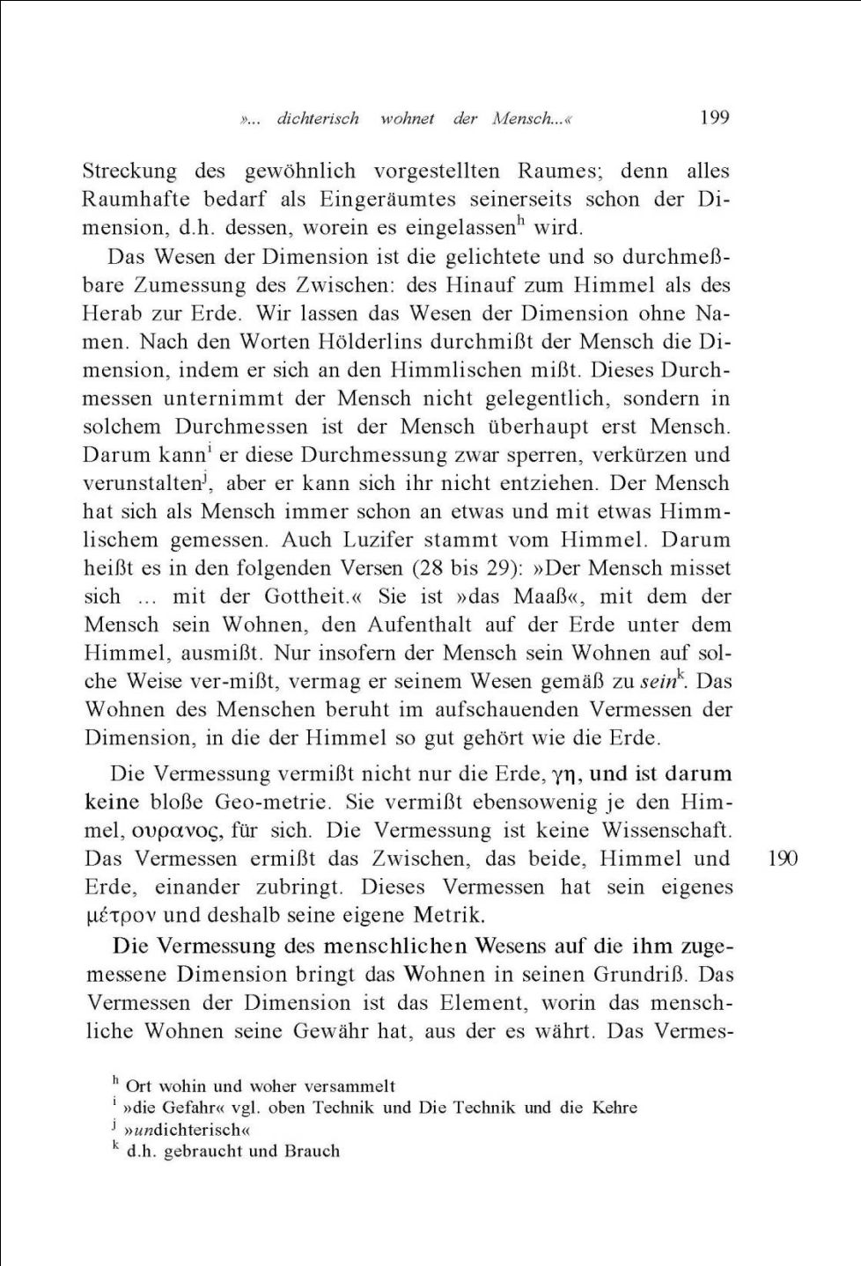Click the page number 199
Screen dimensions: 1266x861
(x=714, y=118)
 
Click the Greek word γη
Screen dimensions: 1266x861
(x=563, y=774)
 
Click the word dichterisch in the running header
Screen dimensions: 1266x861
(x=318, y=119)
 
